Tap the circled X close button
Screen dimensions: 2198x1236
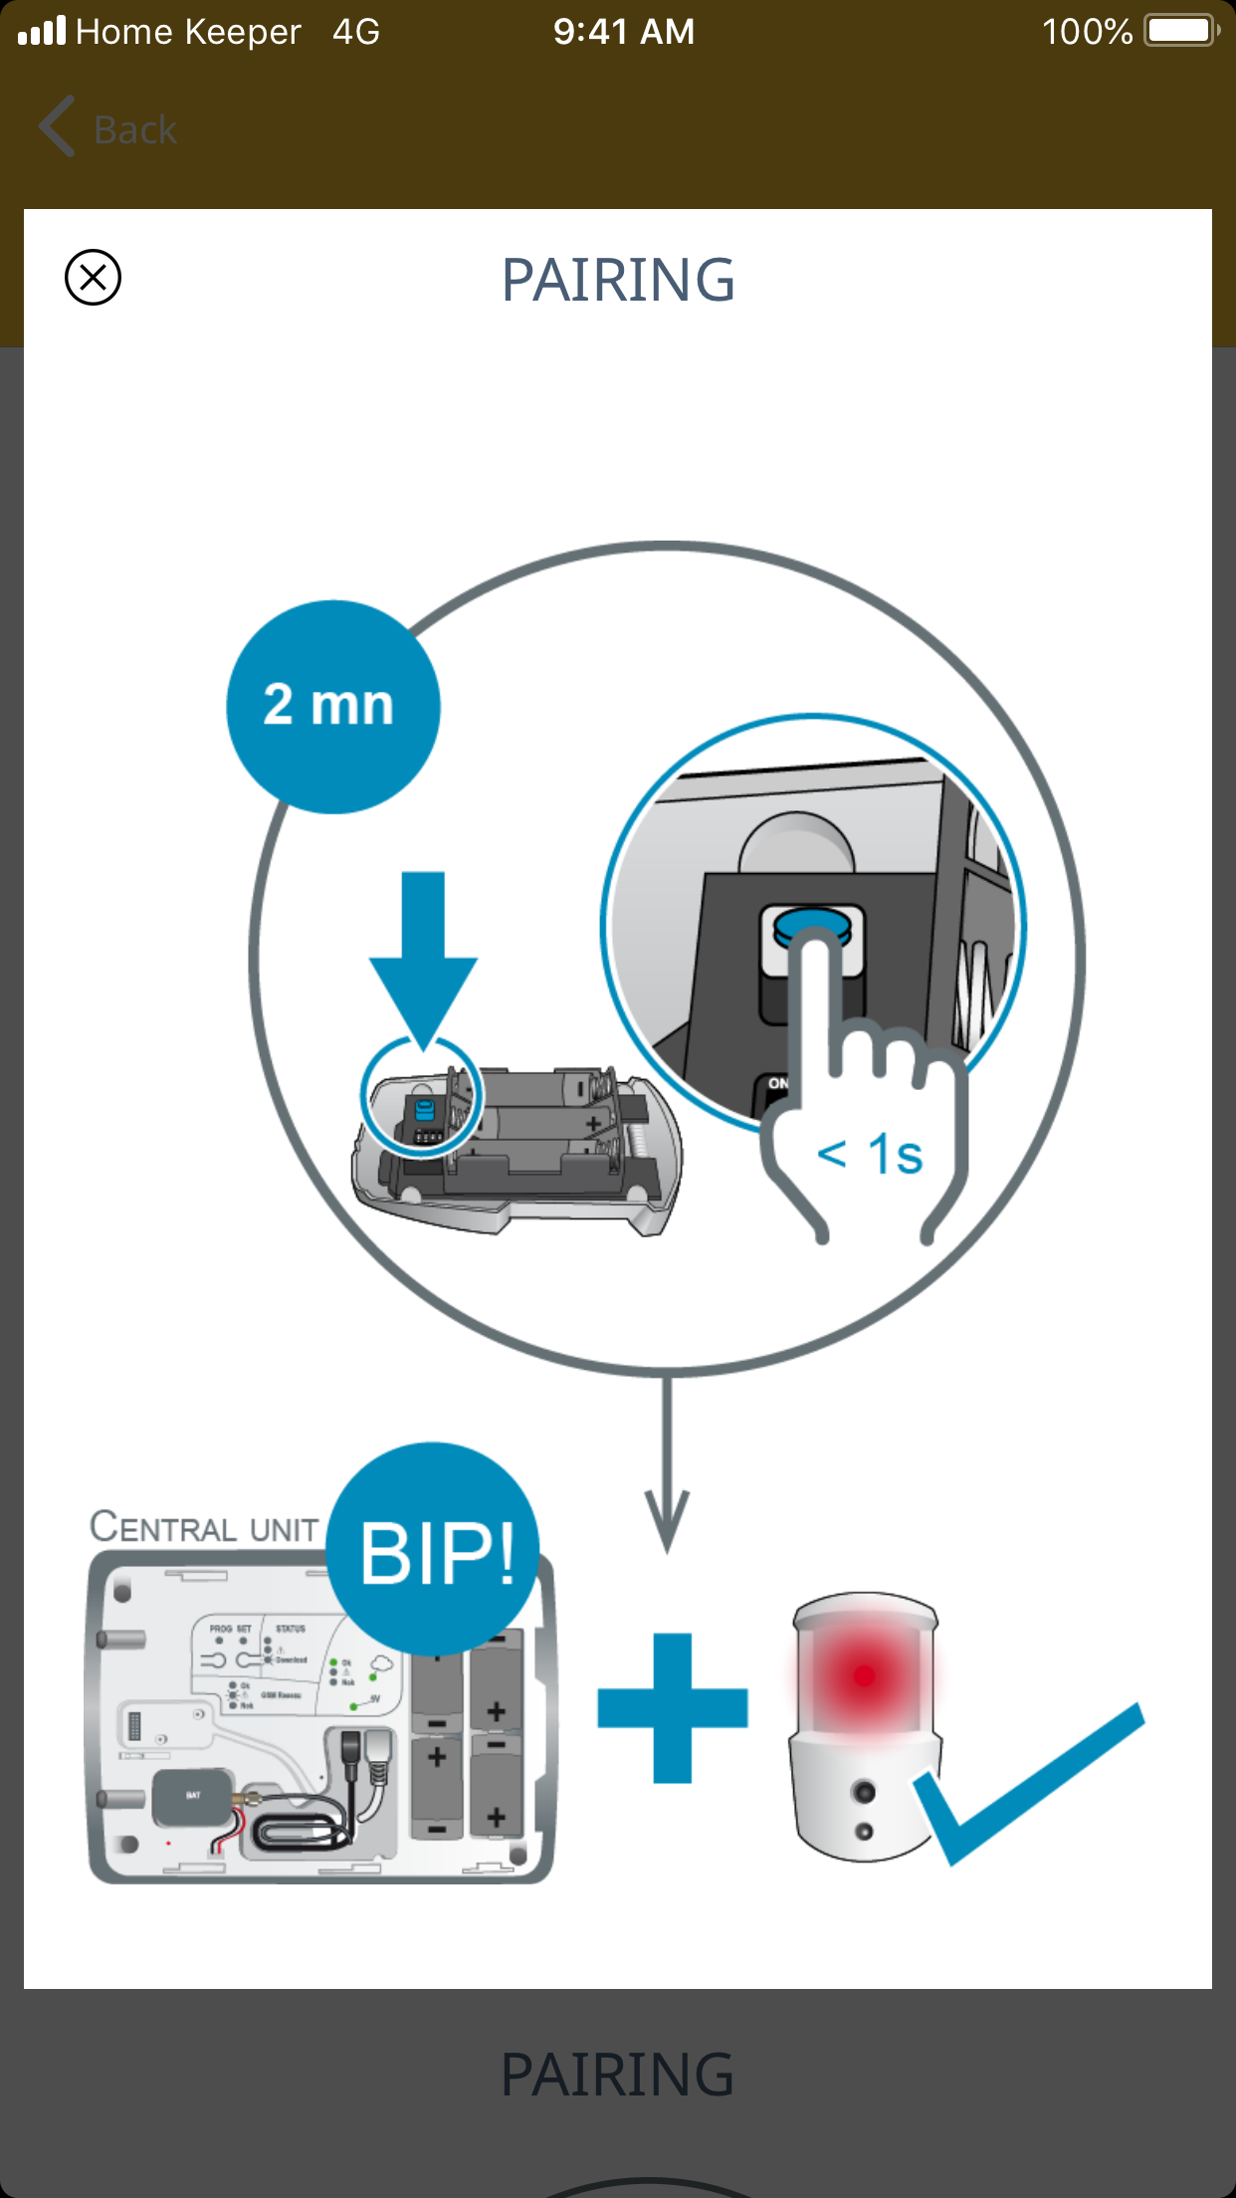[93, 278]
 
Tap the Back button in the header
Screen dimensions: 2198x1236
[109, 129]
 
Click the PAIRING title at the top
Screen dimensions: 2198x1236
[618, 280]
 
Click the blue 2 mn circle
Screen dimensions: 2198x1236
[332, 706]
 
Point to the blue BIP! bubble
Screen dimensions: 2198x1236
[435, 1549]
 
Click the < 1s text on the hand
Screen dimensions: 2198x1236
[871, 1155]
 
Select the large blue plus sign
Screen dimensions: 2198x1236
[673, 1707]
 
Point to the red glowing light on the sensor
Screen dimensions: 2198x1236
[864, 1676]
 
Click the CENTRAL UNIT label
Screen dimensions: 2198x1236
[204, 1527]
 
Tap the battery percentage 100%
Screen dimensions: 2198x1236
[1087, 32]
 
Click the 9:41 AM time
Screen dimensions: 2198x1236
[624, 32]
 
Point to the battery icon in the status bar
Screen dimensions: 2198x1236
[1181, 31]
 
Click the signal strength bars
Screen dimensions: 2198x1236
[42, 32]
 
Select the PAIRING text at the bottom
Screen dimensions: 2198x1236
[617, 2076]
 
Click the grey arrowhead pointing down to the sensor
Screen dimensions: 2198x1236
[667, 1518]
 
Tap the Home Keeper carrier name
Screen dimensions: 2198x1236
[188, 32]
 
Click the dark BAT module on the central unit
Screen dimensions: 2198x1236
[193, 1796]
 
